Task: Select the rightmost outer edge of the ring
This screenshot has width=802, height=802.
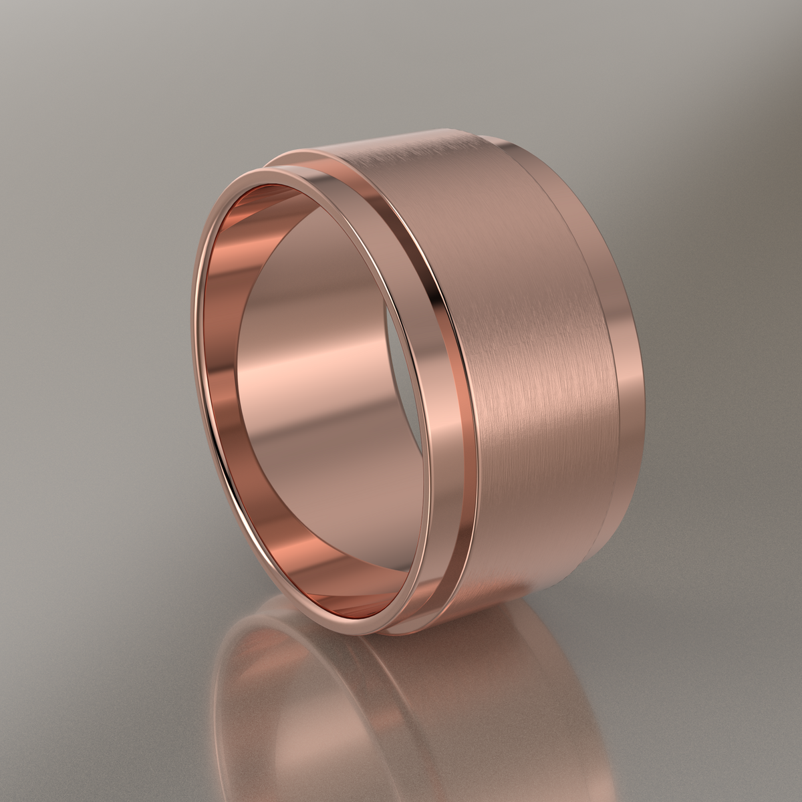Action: click(x=647, y=374)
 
